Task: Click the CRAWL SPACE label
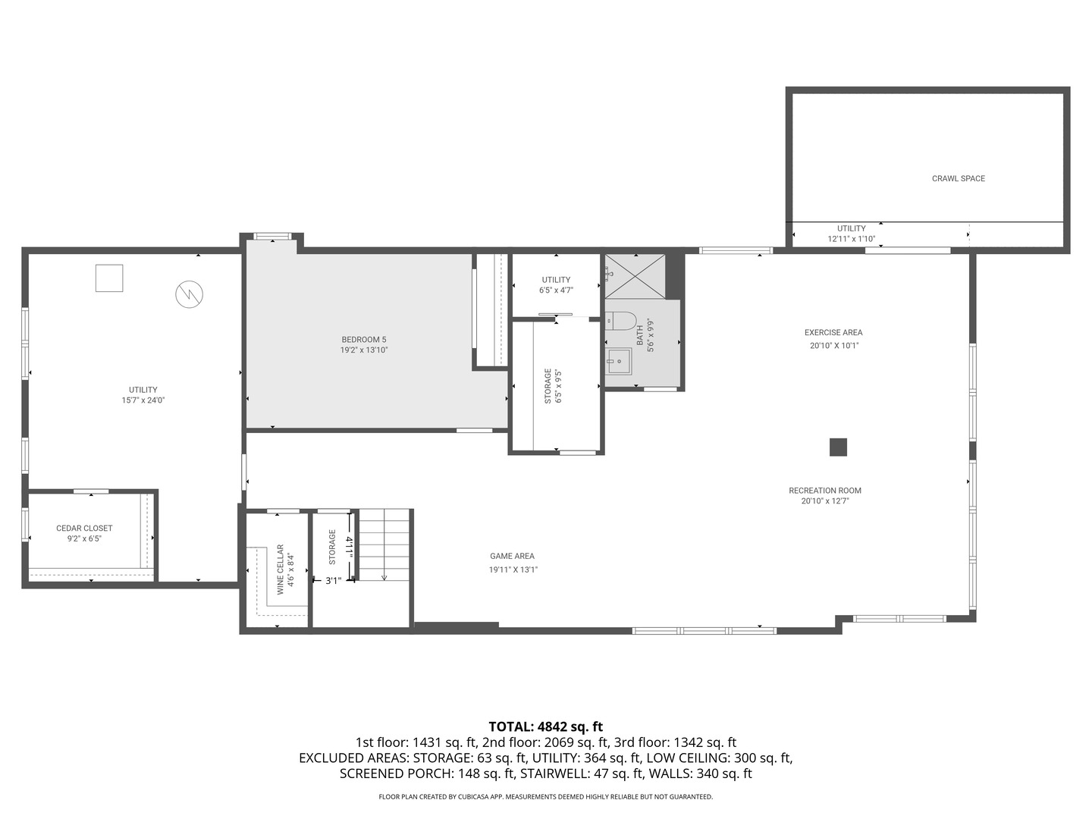tap(959, 178)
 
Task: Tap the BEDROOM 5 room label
tap(364, 340)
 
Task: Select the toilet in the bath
tap(621, 321)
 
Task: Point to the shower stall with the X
tap(635, 276)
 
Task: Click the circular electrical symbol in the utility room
tap(190, 294)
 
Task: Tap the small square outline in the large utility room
tap(109, 278)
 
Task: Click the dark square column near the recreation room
tap(838, 447)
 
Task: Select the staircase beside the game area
tap(384, 544)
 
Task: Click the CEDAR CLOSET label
tap(84, 528)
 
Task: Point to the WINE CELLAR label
tap(280, 570)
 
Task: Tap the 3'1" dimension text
tap(334, 580)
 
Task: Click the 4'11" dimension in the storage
tap(350, 548)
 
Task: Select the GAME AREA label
tap(512, 556)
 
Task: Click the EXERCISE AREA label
tap(833, 333)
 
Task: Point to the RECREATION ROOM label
tap(825, 491)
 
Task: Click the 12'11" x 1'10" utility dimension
tap(851, 239)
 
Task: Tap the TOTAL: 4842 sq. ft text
tap(546, 727)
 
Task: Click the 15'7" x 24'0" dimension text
tap(143, 400)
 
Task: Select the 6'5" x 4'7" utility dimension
tap(556, 290)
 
